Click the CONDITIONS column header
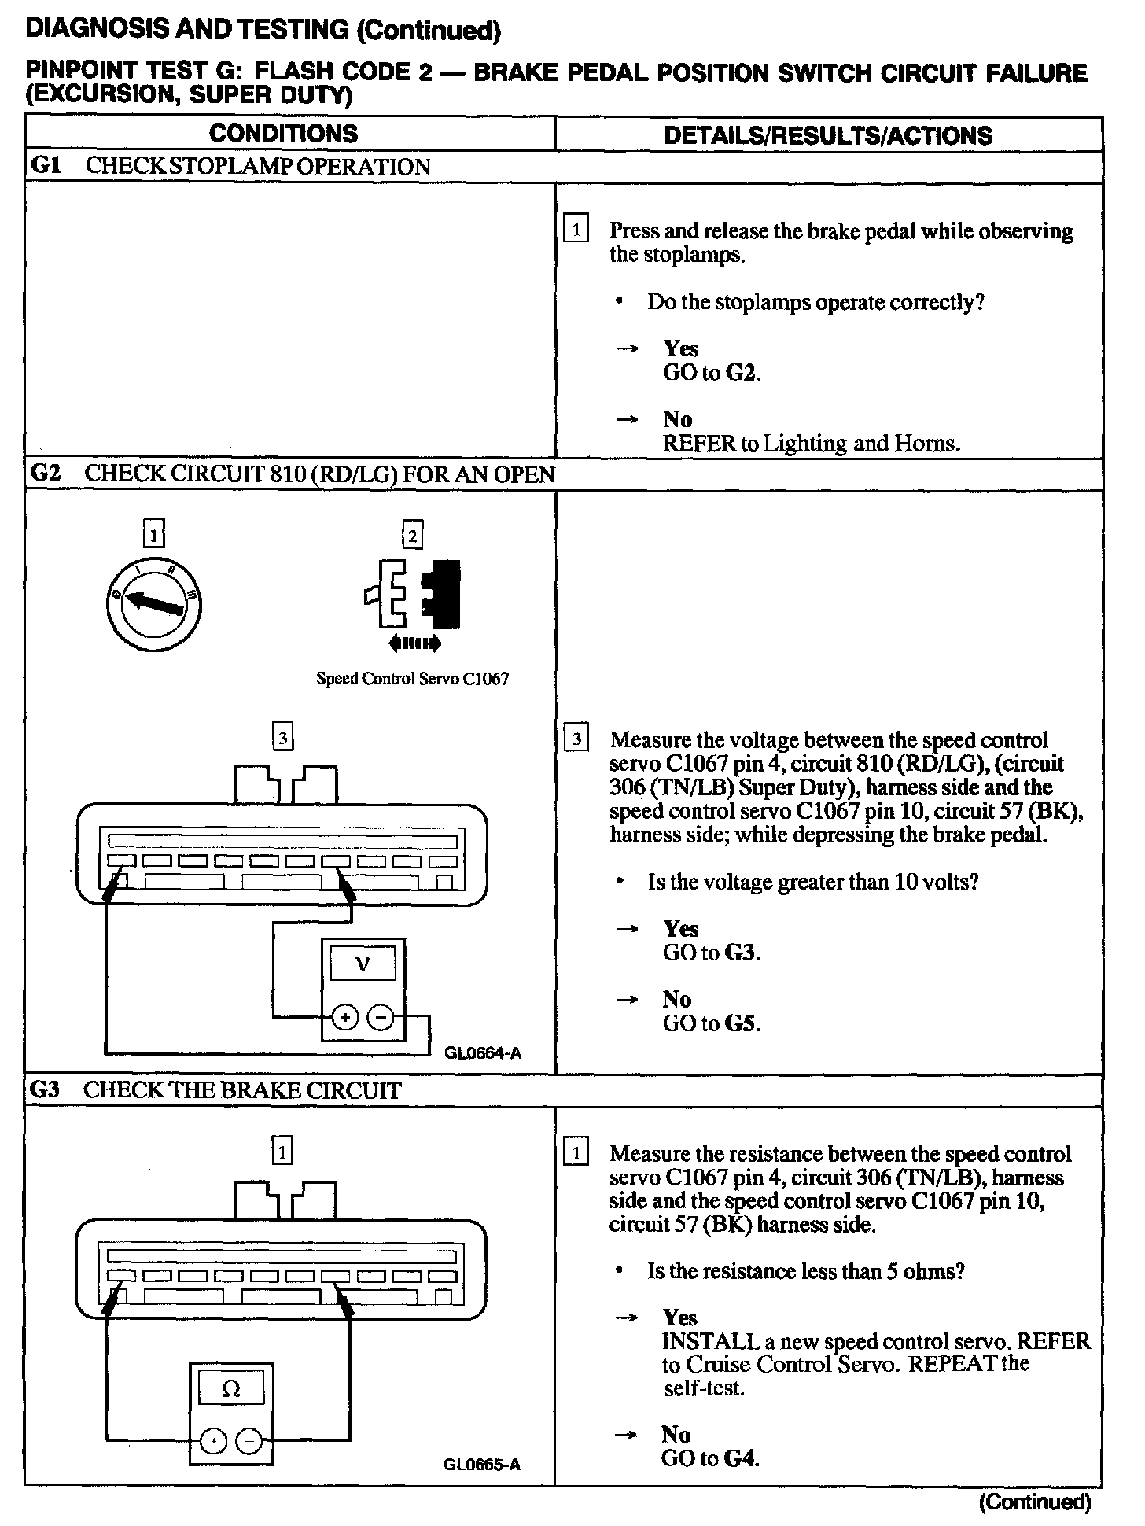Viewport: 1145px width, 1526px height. point(283,134)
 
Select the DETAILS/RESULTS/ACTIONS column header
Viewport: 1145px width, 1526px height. point(828,135)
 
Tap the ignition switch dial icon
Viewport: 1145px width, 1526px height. point(154,604)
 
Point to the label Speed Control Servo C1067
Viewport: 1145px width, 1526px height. point(412,678)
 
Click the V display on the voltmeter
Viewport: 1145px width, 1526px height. point(363,963)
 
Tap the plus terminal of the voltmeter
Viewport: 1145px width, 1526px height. point(344,1018)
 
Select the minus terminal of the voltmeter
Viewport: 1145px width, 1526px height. point(381,1018)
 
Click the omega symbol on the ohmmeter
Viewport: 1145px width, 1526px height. point(230,1390)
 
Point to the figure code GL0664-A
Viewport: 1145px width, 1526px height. point(483,1052)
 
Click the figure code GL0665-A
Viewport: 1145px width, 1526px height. point(481,1464)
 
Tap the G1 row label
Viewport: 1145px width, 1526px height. point(44,166)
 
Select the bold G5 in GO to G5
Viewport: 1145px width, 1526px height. point(742,1023)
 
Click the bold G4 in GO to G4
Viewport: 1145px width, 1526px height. point(741,1458)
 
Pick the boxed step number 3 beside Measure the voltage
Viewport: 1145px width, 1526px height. point(577,739)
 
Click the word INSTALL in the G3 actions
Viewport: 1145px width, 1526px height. point(702,1341)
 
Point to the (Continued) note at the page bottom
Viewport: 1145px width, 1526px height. point(1035,1502)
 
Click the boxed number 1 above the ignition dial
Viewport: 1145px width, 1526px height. point(154,536)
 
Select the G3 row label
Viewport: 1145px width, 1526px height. point(44,1090)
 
